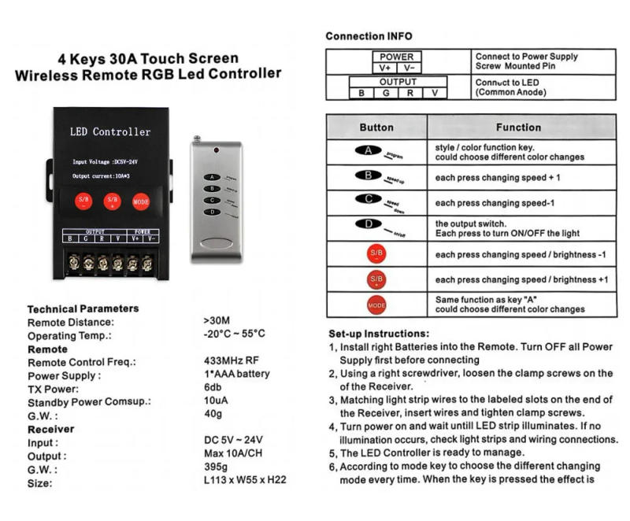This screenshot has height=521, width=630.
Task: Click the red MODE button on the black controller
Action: point(141,201)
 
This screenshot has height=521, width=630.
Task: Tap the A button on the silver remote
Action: point(210,178)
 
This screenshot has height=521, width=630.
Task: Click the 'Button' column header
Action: point(376,127)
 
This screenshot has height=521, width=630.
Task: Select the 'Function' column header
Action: point(518,127)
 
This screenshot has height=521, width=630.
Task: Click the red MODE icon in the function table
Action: point(376,305)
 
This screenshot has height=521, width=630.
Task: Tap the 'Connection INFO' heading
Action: point(369,36)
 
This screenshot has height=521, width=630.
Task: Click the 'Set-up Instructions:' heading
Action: point(379,333)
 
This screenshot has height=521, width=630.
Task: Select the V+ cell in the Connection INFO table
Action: point(384,68)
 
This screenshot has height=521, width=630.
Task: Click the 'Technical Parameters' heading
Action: point(83,309)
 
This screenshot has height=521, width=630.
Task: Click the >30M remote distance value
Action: point(216,321)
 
